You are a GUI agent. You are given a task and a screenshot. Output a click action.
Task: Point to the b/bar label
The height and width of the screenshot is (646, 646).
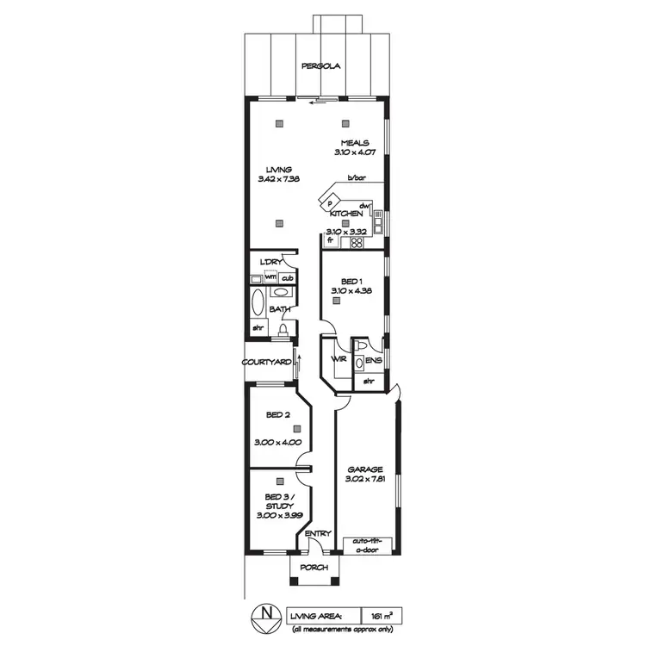[x=356, y=178]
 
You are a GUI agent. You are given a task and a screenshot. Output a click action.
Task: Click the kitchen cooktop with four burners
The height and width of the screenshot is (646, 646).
[x=356, y=243]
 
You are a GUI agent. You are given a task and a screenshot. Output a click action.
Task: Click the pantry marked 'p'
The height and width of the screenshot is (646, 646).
[x=330, y=203]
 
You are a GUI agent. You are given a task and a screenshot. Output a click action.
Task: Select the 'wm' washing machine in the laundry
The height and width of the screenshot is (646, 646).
[x=270, y=277]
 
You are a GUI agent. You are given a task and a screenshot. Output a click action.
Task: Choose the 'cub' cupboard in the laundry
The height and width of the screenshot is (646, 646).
[x=285, y=277]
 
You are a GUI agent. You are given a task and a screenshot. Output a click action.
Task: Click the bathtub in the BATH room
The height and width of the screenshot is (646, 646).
[x=257, y=303]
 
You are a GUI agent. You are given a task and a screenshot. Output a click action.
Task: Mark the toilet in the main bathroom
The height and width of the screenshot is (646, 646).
[x=283, y=331]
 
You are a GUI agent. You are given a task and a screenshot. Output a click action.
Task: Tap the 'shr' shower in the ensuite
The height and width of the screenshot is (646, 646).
[x=369, y=380]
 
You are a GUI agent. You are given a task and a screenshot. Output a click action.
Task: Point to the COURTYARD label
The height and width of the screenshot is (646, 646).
[x=266, y=363]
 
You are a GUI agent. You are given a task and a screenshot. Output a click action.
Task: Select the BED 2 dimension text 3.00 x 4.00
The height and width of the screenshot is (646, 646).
[x=278, y=442]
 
